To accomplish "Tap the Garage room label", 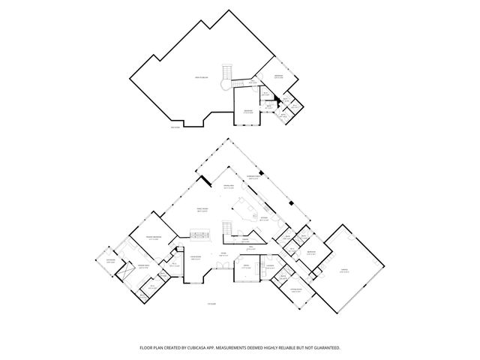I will point(344,271).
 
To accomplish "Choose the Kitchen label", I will point(263,220).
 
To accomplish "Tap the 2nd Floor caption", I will point(175,126).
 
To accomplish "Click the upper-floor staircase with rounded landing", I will point(225,76).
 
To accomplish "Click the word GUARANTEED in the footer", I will point(325,348).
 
